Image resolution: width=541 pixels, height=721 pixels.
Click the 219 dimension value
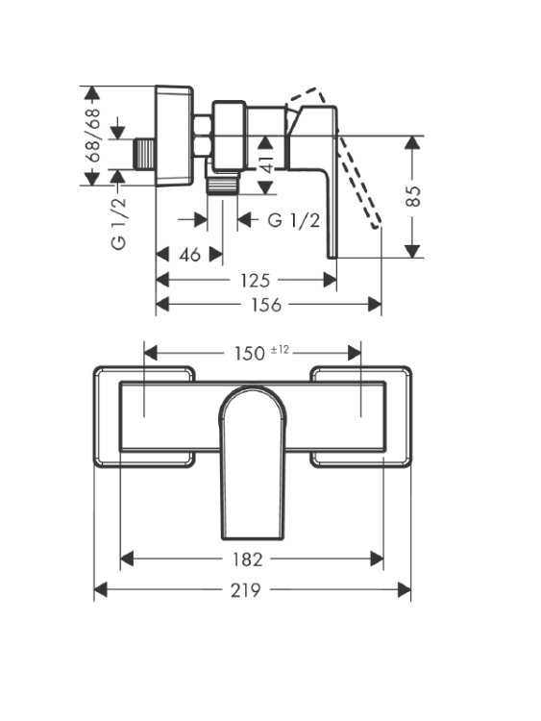[x=245, y=590]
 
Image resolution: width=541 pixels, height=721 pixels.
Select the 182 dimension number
[x=247, y=559]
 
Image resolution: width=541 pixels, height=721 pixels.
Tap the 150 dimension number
[x=250, y=354]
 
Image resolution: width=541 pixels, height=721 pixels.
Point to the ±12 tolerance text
[x=280, y=350]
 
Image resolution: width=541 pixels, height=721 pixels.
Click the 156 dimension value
[x=266, y=305]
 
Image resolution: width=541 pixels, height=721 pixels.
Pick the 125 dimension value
[x=255, y=280]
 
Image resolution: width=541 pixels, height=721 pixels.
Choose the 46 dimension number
[x=190, y=255]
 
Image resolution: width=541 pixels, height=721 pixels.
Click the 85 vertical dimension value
[x=413, y=196]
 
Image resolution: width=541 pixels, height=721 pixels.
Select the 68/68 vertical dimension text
[x=93, y=135]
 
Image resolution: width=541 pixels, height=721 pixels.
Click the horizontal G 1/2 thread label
[x=294, y=220]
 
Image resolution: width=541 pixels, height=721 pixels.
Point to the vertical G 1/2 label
[x=118, y=223]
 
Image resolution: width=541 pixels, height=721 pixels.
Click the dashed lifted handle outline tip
[x=376, y=225]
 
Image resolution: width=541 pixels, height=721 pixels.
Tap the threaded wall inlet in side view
[x=144, y=154]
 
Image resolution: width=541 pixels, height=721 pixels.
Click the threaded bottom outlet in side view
[x=222, y=185]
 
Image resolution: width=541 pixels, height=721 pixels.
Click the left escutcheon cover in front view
[x=144, y=416]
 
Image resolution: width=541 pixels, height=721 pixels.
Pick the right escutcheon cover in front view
[x=360, y=416]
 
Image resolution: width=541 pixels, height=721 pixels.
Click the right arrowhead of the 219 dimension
[x=404, y=590]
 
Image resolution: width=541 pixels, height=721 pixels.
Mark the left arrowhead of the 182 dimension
[x=127, y=559]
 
